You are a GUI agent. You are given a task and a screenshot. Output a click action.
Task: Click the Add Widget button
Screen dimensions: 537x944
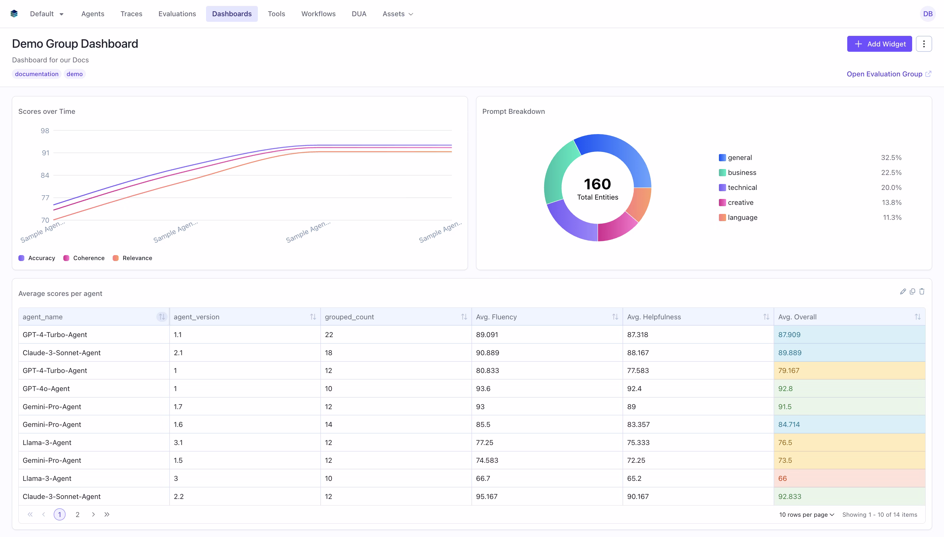[x=879, y=44]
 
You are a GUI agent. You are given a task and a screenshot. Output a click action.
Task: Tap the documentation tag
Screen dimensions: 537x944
[x=37, y=74]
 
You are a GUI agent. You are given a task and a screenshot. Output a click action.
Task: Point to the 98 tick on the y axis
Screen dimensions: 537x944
[x=45, y=131]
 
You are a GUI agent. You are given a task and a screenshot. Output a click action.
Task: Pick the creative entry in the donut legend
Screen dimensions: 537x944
[x=740, y=202]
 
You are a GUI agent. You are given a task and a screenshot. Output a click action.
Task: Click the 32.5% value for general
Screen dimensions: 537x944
[x=891, y=157]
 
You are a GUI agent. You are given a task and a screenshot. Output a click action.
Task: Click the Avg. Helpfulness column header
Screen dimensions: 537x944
[x=653, y=317]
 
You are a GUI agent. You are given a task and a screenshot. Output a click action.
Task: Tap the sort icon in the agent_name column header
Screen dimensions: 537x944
[x=162, y=317]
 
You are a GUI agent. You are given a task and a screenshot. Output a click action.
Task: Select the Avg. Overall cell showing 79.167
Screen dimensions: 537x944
[x=789, y=370]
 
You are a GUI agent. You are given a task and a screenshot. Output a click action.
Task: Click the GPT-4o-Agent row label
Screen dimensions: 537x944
[x=46, y=388]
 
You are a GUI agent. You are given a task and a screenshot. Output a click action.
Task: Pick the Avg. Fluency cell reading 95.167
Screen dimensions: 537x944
[x=486, y=496]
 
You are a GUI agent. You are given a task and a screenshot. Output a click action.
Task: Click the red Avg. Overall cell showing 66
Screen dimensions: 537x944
[x=782, y=478]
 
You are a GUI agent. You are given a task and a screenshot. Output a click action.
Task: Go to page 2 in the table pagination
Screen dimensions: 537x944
[x=77, y=515]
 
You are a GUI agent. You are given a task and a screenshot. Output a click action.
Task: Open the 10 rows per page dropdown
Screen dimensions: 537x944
[x=806, y=515]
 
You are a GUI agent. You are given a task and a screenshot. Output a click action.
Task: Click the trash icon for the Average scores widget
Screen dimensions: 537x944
[x=922, y=291]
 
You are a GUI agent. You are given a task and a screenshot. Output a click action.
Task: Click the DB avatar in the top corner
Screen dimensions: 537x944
[x=927, y=14]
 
